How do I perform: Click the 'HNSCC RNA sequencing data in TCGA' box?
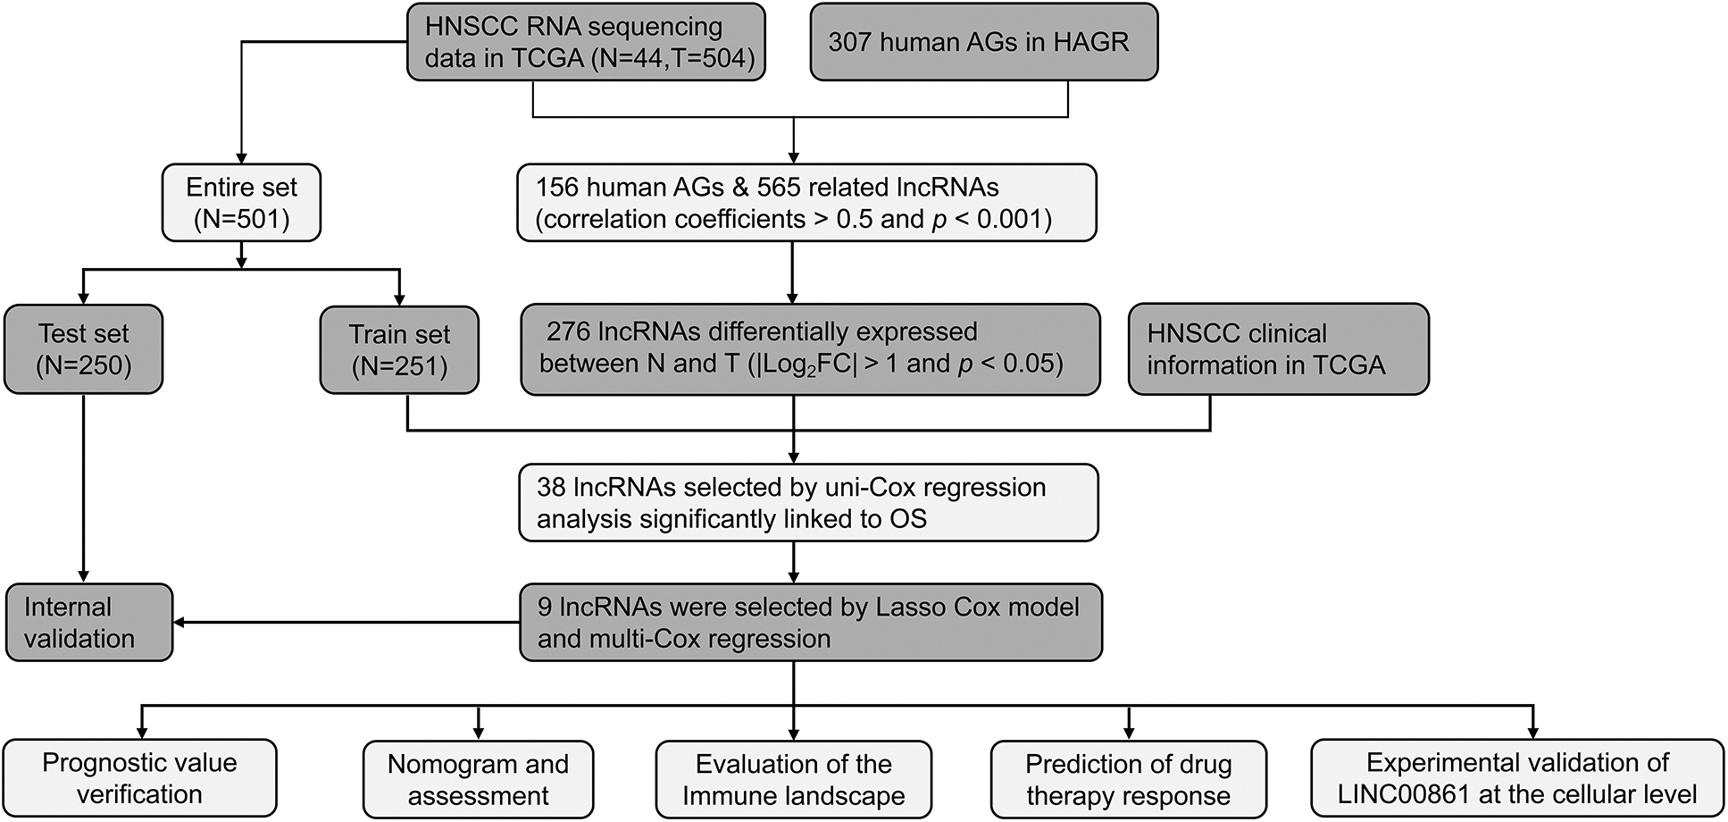click(586, 42)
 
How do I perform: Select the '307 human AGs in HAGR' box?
click(983, 42)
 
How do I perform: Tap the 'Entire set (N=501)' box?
click(241, 203)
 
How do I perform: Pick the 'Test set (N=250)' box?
click(83, 349)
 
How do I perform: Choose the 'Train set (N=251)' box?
click(399, 350)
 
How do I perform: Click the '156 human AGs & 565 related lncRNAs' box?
click(806, 203)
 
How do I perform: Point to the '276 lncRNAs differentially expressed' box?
click(810, 349)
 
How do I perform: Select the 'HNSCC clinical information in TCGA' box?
click(1278, 349)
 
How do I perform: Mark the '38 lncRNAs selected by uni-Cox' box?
click(808, 503)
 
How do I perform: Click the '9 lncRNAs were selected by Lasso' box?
click(810, 623)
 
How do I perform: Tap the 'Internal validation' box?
click(88, 623)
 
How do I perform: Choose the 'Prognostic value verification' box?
click(139, 778)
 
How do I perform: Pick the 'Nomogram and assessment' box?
click(478, 780)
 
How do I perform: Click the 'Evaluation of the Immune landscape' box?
click(793, 780)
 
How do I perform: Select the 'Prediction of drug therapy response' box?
click(1128, 780)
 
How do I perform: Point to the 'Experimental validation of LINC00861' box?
click(1516, 778)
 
